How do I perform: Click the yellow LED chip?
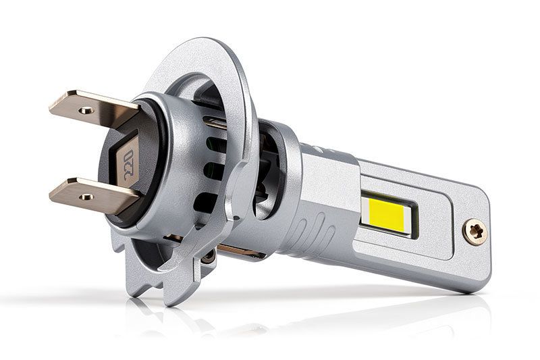coord(385,215)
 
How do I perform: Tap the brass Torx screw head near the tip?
coord(475,232)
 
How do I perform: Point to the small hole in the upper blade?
coord(86,110)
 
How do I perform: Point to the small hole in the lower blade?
coord(86,197)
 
